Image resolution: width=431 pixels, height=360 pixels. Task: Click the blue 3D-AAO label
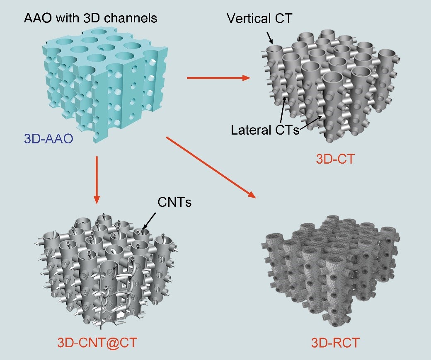48,138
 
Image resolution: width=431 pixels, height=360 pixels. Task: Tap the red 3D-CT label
335,159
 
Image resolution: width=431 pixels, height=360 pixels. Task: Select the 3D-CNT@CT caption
97,343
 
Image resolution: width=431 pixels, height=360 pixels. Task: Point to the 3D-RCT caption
335,343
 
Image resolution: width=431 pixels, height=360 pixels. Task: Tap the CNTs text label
174,202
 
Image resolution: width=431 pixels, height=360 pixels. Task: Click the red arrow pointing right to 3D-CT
219,78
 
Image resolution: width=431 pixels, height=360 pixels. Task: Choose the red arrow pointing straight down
96,180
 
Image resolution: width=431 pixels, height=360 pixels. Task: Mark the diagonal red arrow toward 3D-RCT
211,167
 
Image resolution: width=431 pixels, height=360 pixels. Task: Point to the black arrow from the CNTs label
149,221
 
